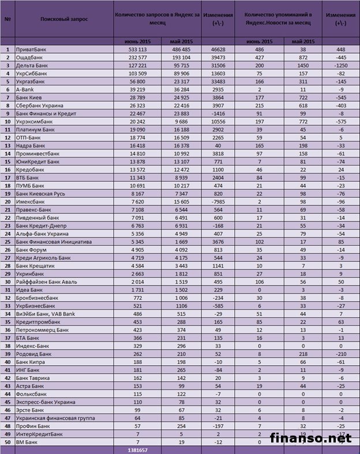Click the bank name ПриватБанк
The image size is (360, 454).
coord(29,50)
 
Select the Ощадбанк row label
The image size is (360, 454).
coord(28,58)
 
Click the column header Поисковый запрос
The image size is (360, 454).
coord(65,19)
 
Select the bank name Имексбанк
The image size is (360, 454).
coord(29,202)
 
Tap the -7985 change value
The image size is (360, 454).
coord(217,202)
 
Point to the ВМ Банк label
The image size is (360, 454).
coord(27,441)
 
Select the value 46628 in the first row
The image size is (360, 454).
coord(217,50)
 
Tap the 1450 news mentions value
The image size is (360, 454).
coord(303,66)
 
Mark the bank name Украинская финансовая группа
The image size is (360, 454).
coord(48,418)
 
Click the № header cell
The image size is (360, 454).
coord(8,19)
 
